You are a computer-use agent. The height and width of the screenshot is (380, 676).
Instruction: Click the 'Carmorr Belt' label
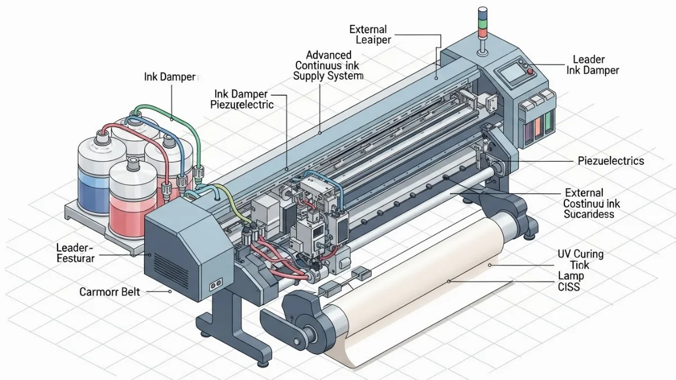[x=109, y=292]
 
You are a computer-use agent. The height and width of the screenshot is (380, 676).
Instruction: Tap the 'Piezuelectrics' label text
[x=611, y=161]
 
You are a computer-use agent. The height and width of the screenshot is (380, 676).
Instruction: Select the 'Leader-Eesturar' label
[x=75, y=253]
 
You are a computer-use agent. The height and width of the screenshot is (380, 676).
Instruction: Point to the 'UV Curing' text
[x=580, y=254]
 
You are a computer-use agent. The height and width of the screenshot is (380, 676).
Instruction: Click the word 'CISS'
[x=569, y=287]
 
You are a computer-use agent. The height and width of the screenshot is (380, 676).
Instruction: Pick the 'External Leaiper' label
[x=370, y=34]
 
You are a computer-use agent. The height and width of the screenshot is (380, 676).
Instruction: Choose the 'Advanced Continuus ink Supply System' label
[x=328, y=65]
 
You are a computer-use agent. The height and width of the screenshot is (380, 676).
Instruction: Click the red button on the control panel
[x=530, y=71]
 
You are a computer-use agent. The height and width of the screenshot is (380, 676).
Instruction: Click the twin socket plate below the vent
[x=216, y=284]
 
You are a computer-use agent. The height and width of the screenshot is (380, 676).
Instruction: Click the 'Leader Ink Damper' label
[x=593, y=65]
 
